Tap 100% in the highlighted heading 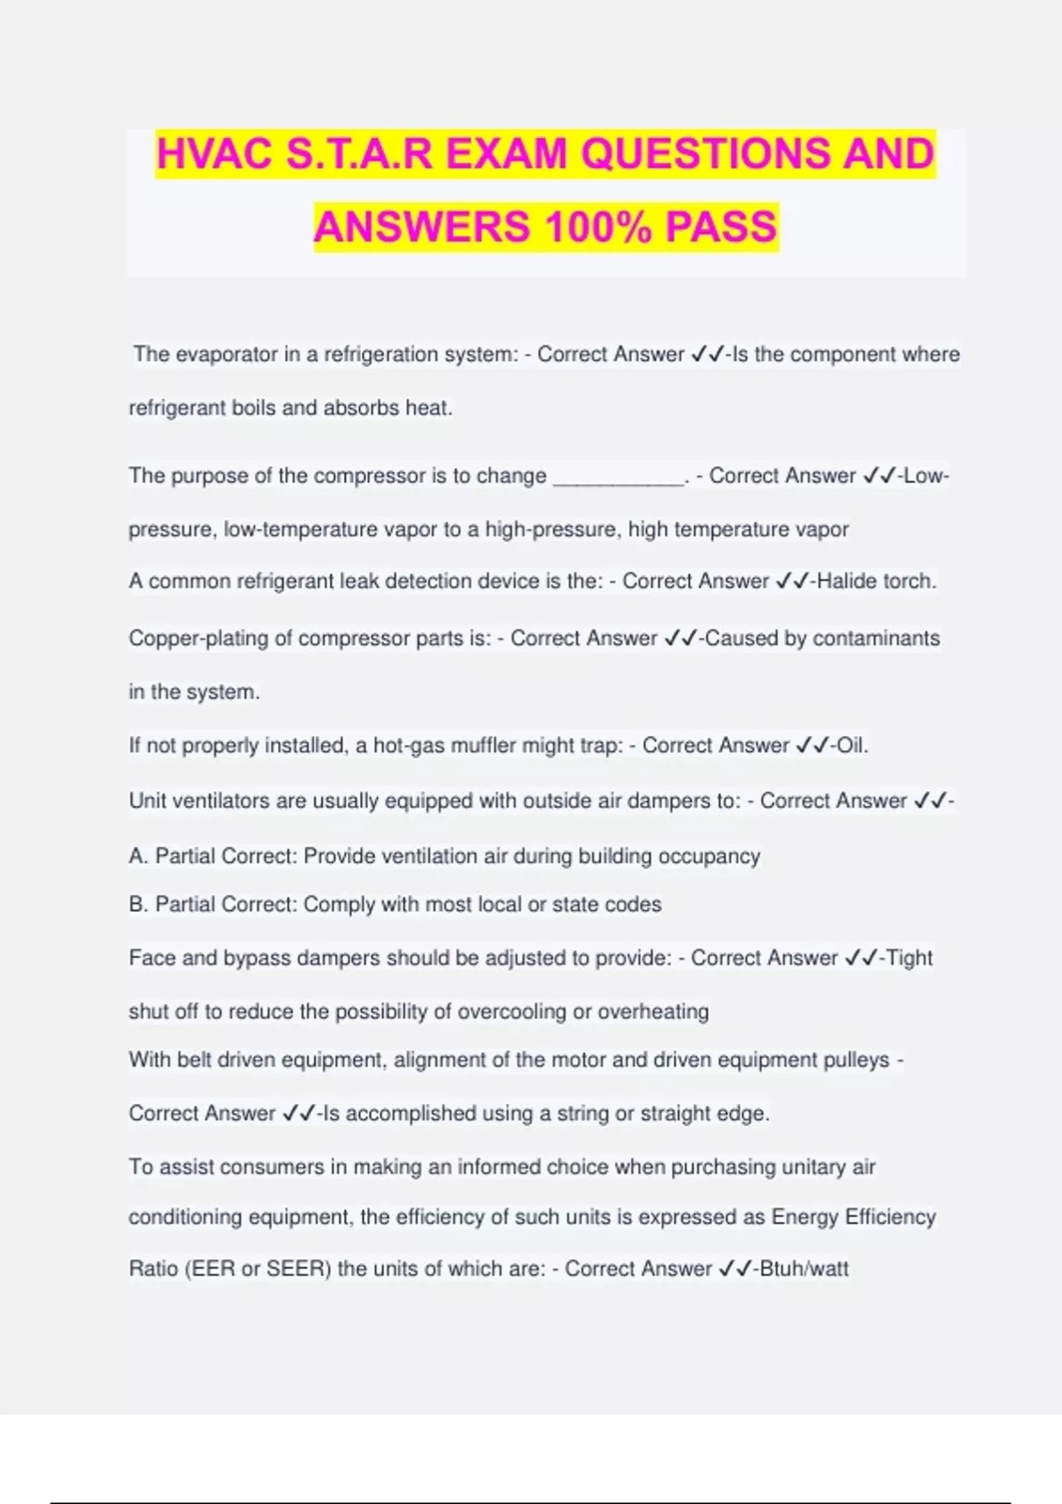tap(598, 226)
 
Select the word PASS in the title tap(720, 226)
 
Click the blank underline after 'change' tap(619, 478)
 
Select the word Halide tap(843, 581)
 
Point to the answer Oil tap(852, 746)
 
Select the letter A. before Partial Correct tap(138, 856)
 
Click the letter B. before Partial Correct tap(138, 905)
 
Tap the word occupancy tap(718, 856)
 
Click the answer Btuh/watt tap(804, 1270)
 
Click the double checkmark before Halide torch tap(793, 581)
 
